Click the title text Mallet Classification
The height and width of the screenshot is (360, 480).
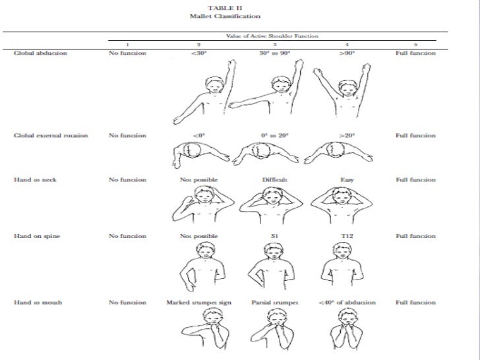[224, 16]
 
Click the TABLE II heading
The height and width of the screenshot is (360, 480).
[224, 7]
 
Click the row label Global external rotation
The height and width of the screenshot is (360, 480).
[51, 136]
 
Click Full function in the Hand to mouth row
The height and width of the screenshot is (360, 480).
[415, 302]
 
